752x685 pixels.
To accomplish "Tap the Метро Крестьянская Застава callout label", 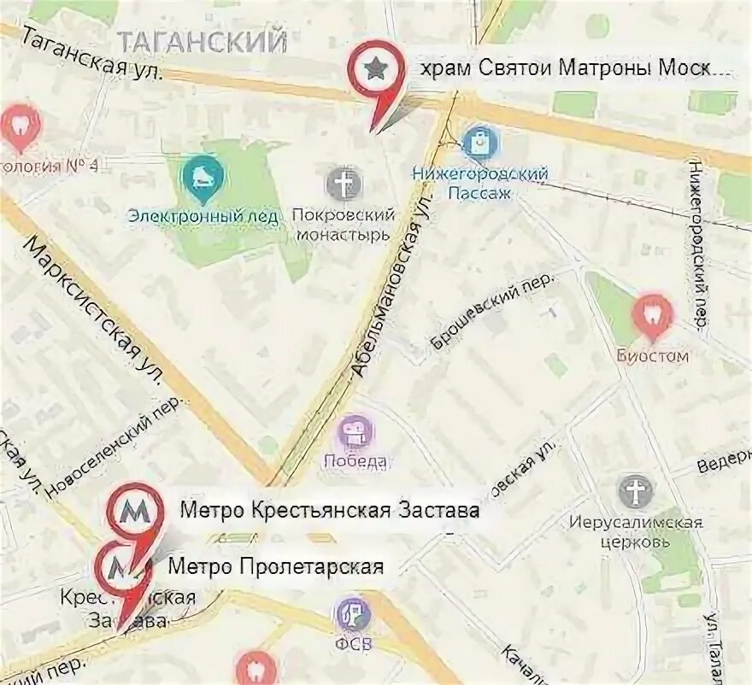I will point(329,511).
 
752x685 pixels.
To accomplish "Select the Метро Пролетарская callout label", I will point(275,565).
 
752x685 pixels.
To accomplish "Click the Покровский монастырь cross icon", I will point(344,184).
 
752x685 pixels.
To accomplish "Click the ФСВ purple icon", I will point(352,612).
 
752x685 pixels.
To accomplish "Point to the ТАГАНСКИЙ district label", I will point(202,40).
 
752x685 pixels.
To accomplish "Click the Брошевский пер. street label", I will point(491,311).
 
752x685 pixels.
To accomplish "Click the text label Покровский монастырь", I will point(343,225).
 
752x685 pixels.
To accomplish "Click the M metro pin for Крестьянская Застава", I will point(133,511).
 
